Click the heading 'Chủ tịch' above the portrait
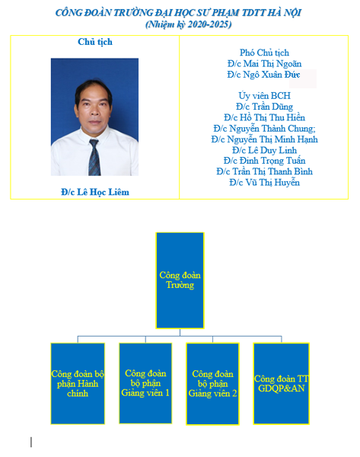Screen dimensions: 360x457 [95, 42]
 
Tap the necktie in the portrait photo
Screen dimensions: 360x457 [94, 157]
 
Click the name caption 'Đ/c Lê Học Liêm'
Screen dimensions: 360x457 [95, 192]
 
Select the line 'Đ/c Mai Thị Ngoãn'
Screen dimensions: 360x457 [264, 63]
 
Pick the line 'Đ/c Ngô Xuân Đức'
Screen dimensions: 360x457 [263, 75]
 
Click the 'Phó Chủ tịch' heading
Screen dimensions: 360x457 [264, 53]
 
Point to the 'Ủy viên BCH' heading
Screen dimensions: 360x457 [264, 96]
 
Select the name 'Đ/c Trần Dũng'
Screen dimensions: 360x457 [264, 107]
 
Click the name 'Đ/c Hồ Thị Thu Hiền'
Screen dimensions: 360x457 [264, 117]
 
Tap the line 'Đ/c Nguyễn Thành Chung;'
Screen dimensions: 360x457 [264, 129]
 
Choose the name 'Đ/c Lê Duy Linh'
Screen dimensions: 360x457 [264, 150]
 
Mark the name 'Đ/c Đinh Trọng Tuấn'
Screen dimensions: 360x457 [264, 161]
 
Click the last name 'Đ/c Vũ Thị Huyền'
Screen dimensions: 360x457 [264, 183]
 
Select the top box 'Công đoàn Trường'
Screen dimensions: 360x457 [180, 280]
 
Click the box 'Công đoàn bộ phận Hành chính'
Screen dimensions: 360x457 [78, 384]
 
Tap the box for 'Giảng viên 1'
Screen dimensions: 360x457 [145, 383]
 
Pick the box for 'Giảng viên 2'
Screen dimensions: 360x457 [212, 384]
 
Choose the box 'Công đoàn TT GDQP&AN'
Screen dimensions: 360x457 [282, 384]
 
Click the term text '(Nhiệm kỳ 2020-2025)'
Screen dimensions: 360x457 [189, 24]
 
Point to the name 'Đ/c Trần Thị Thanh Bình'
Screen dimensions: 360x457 [264, 171]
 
